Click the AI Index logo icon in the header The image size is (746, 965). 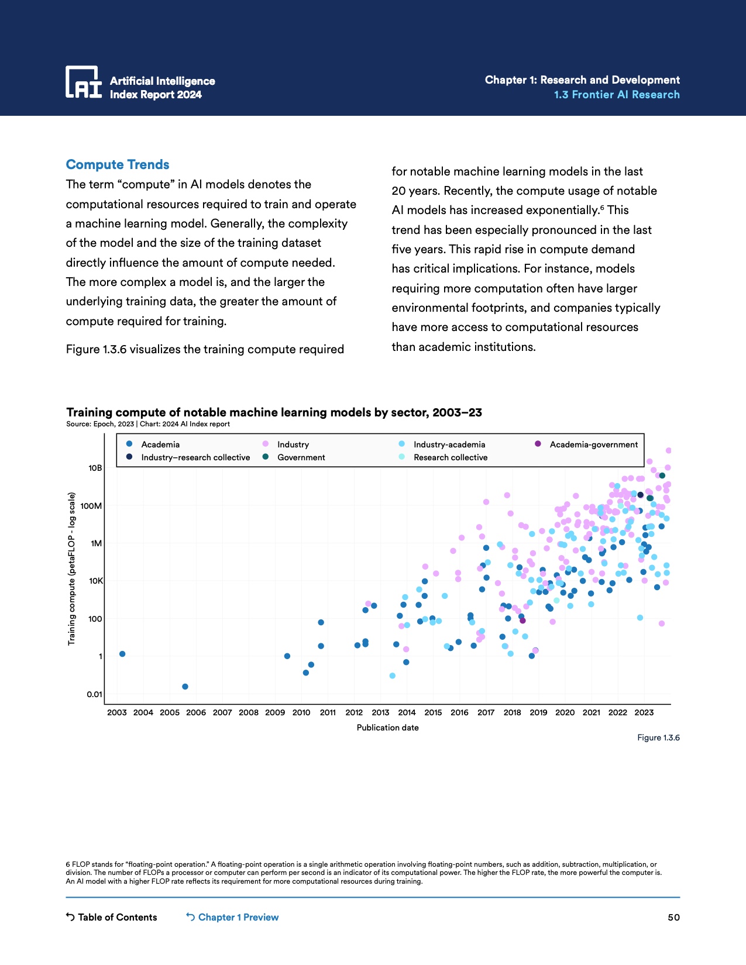click(83, 82)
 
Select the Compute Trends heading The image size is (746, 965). click(118, 165)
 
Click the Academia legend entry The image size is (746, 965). click(160, 444)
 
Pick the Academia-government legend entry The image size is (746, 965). click(593, 444)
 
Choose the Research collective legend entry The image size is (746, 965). click(450, 457)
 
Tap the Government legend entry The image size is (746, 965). click(301, 457)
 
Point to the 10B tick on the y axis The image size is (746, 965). click(95, 468)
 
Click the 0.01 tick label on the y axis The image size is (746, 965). click(94, 694)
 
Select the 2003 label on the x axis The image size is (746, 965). click(117, 712)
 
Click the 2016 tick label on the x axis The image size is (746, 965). click(459, 712)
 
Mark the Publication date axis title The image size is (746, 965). click(387, 728)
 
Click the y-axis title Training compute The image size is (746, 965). click(71, 568)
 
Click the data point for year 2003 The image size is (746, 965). click(122, 654)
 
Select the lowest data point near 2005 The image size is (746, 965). click(185, 687)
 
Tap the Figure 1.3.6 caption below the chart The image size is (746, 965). click(658, 737)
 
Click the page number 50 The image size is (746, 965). click(673, 917)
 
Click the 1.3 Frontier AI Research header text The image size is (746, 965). click(617, 95)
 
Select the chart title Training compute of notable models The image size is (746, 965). click(274, 412)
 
